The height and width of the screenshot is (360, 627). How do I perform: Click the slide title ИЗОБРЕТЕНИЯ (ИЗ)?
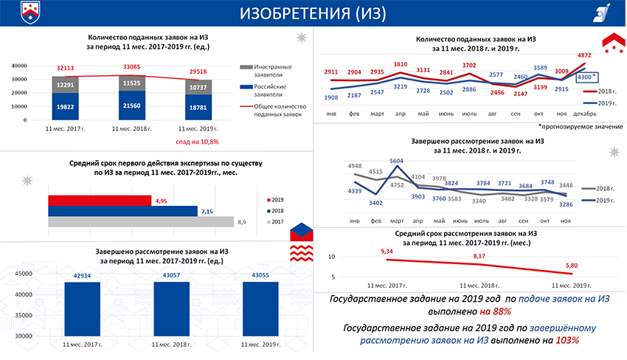pyautogui.click(x=313, y=13)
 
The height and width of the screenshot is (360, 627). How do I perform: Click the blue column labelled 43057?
pyautogui.click(x=176, y=310)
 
